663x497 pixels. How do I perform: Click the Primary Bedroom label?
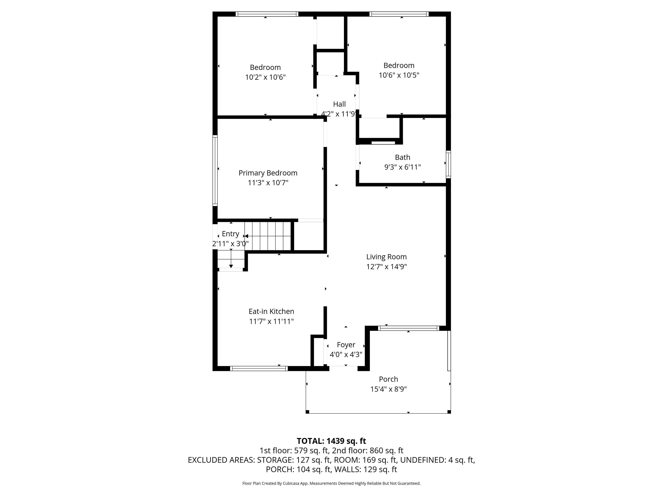coord(268,173)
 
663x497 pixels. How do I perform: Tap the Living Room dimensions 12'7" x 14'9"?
coord(386,267)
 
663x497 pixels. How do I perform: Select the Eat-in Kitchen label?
coord(271,311)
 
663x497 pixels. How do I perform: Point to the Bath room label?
coord(402,157)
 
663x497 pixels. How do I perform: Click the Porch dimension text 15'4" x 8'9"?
coord(388,389)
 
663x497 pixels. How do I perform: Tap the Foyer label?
coord(346,345)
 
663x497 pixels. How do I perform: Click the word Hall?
coord(339,104)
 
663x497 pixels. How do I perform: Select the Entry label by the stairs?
coord(230,234)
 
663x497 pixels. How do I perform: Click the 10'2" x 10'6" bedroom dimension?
coord(265,77)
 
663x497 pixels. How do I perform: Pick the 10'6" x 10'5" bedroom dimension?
coord(399,75)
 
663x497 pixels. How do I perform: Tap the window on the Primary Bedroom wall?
coord(215,170)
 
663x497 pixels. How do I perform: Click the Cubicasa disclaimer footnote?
coord(331,483)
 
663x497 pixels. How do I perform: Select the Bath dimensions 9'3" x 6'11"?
coord(402,167)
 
